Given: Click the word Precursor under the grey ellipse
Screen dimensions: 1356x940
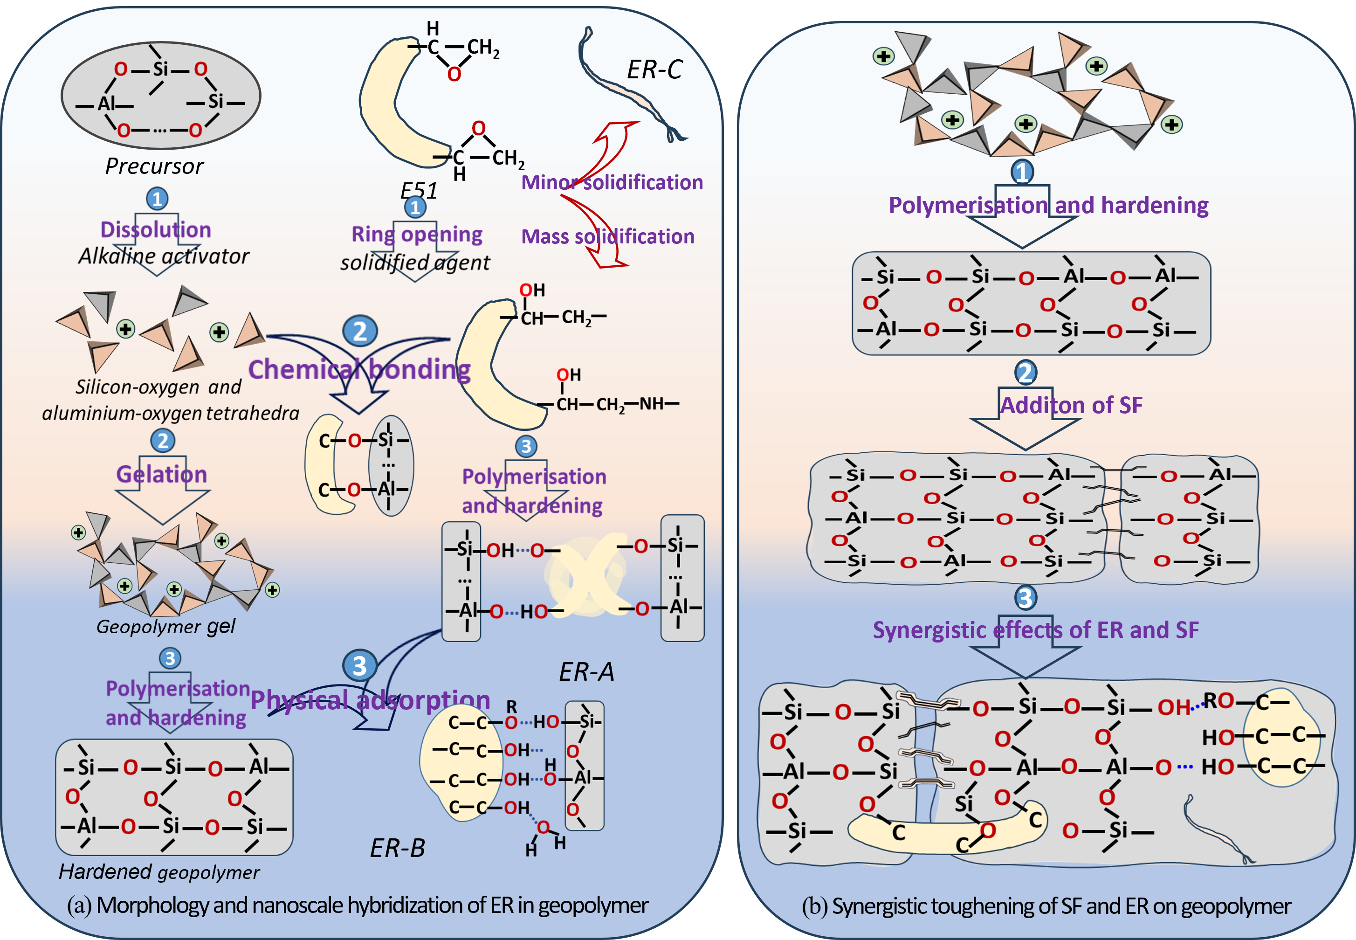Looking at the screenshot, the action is click(x=154, y=166).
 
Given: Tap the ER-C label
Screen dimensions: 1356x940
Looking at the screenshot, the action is click(x=654, y=70).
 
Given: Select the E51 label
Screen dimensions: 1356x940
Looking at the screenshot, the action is click(x=419, y=190).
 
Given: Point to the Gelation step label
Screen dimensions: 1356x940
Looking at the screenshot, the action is click(x=161, y=474).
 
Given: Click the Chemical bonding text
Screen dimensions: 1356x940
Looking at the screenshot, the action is click(x=359, y=369).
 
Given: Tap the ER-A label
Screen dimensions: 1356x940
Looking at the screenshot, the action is click(x=586, y=672).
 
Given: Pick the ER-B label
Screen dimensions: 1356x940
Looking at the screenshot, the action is click(x=398, y=848).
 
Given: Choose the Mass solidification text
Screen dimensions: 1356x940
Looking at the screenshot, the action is click(x=608, y=237).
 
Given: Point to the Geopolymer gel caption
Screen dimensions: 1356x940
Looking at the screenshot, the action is click(x=165, y=626).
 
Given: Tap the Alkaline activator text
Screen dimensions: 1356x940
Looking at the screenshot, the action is click(x=164, y=256).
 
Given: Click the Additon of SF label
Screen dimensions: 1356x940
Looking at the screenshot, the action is click(x=1071, y=405).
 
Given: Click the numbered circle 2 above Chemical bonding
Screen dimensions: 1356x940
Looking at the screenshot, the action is click(x=360, y=331).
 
